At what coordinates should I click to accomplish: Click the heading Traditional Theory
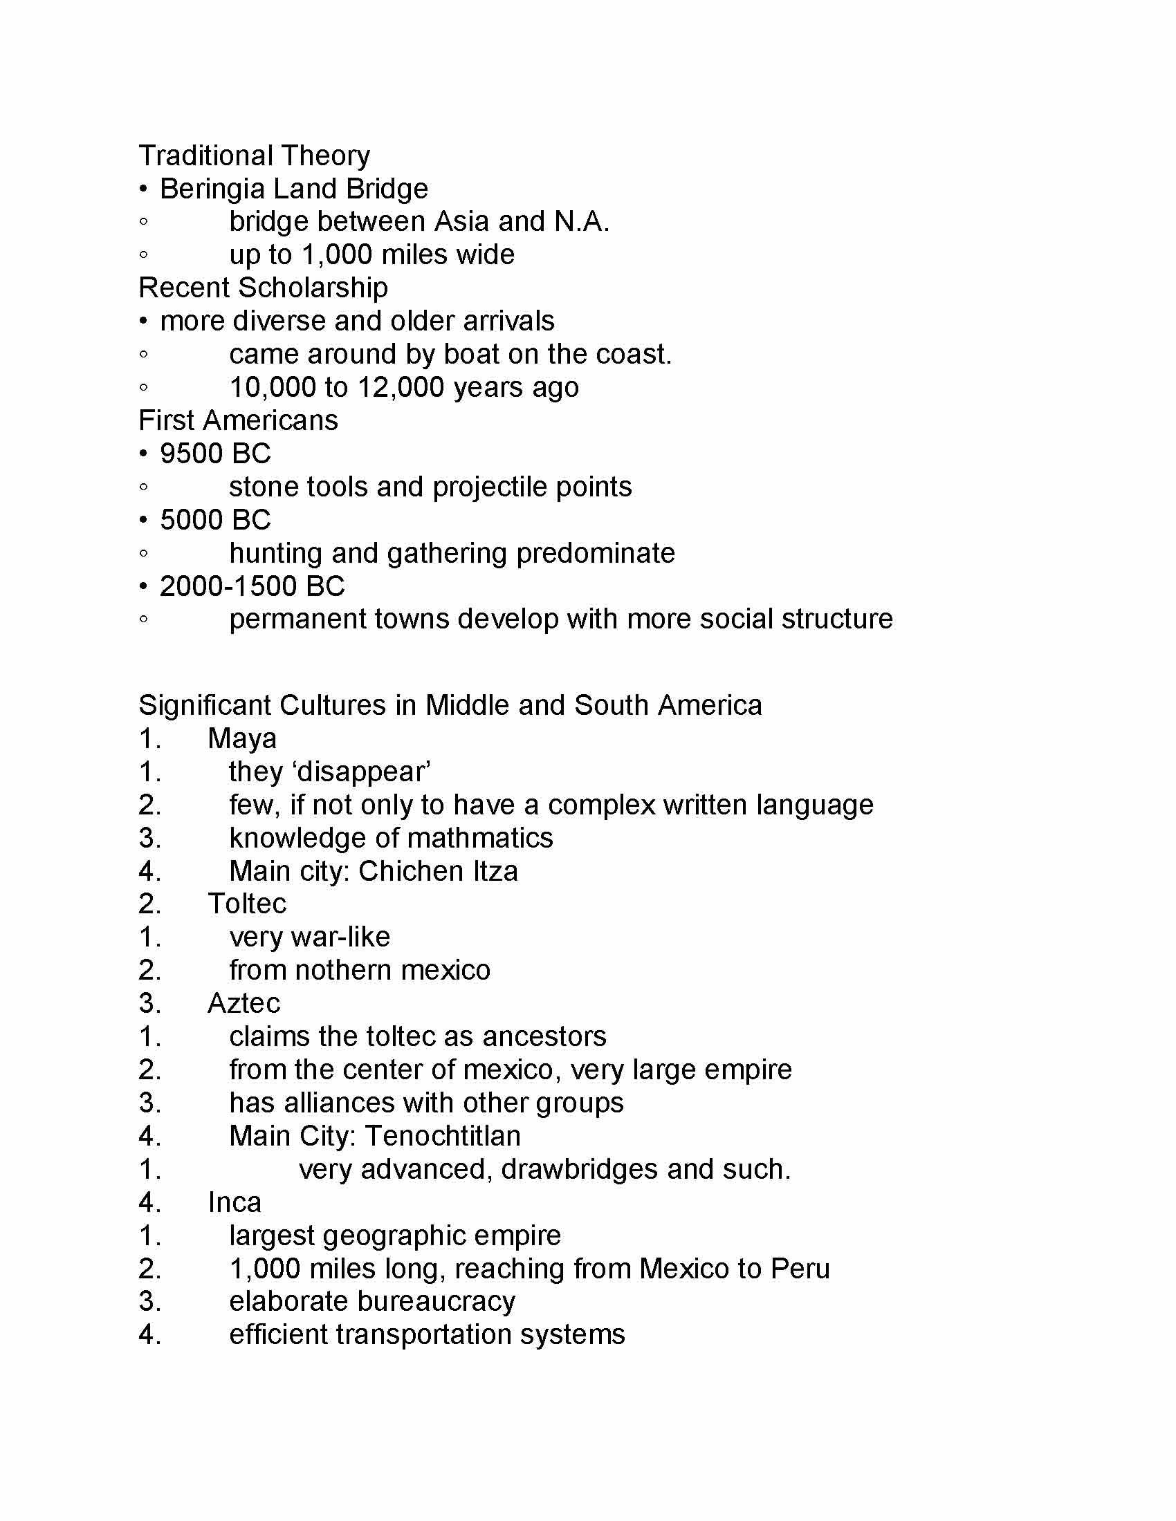[x=255, y=156]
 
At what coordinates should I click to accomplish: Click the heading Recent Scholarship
[x=264, y=288]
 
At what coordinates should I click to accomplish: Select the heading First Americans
[x=238, y=420]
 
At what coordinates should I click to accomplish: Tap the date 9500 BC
[x=215, y=454]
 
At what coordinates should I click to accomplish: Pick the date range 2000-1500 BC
[x=252, y=586]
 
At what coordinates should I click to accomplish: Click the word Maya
[x=241, y=739]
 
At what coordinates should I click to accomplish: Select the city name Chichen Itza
[x=438, y=871]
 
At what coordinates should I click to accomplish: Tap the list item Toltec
[x=247, y=904]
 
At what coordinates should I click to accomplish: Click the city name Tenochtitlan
[x=443, y=1136]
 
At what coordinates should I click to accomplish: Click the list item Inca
[x=235, y=1202]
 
